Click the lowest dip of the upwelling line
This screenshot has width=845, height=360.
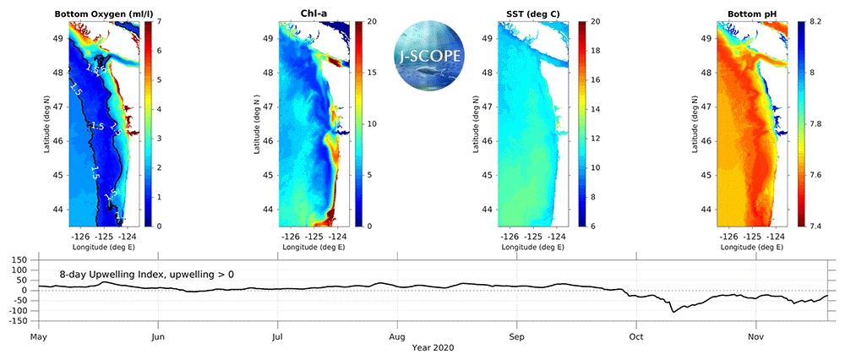tap(673, 313)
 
